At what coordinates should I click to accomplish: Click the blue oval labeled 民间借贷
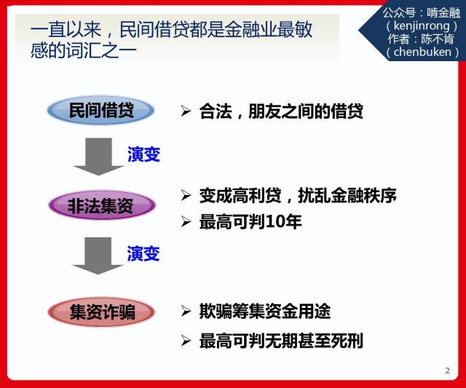pyautogui.click(x=100, y=110)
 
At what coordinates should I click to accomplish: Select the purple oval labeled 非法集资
pyautogui.click(x=102, y=205)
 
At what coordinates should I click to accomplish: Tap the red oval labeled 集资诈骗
pyautogui.click(x=101, y=312)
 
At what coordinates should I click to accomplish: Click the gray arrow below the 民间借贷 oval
pyautogui.click(x=98, y=157)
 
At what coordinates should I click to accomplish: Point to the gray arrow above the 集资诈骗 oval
pyautogui.click(x=98, y=256)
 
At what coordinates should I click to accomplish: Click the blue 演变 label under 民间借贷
pyautogui.click(x=144, y=154)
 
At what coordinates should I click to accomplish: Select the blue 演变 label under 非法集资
pyautogui.click(x=143, y=253)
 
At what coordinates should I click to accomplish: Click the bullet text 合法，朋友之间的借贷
pyautogui.click(x=281, y=111)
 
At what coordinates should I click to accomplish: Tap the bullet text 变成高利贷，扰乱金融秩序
pyautogui.click(x=298, y=195)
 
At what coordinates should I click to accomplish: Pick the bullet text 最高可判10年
pyautogui.click(x=250, y=221)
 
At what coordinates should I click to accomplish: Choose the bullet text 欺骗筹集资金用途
pyautogui.click(x=265, y=312)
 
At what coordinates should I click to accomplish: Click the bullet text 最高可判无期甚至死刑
pyautogui.click(x=281, y=341)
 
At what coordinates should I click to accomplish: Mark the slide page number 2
pyautogui.click(x=447, y=371)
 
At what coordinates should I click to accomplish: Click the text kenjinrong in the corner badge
pyautogui.click(x=422, y=26)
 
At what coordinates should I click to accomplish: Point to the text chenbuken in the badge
pyautogui.click(x=422, y=52)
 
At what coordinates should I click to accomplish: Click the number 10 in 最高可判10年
pyautogui.click(x=275, y=222)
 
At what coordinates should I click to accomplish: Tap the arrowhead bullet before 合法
pyautogui.click(x=186, y=111)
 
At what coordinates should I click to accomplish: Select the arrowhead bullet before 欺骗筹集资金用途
pyautogui.click(x=186, y=311)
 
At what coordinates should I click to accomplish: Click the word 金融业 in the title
pyautogui.click(x=251, y=29)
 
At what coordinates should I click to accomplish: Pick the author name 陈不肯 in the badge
pyautogui.click(x=438, y=39)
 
